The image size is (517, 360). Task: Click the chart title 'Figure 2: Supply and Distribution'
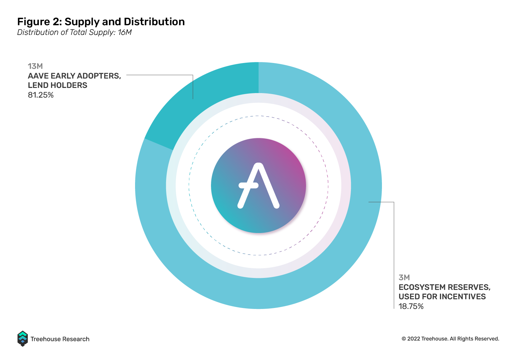coord(101,22)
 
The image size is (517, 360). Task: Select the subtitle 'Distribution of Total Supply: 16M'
coord(74,32)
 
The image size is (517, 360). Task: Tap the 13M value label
coord(35,66)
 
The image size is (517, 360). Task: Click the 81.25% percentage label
coord(41,95)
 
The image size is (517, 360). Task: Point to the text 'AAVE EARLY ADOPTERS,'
coord(74,76)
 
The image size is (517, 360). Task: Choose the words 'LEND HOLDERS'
coord(58,85)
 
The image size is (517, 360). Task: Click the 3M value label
coord(404,277)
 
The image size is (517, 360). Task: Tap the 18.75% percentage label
coord(411,306)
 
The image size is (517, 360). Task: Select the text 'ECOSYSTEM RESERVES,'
coord(445,287)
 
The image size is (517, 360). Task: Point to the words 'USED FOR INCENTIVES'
coord(442,297)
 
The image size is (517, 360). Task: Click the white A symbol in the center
coord(258,186)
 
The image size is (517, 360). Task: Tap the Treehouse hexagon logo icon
coord(23,339)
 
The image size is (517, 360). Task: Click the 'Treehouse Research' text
coord(60,339)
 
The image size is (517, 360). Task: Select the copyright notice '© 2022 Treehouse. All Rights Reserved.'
coord(450,339)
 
